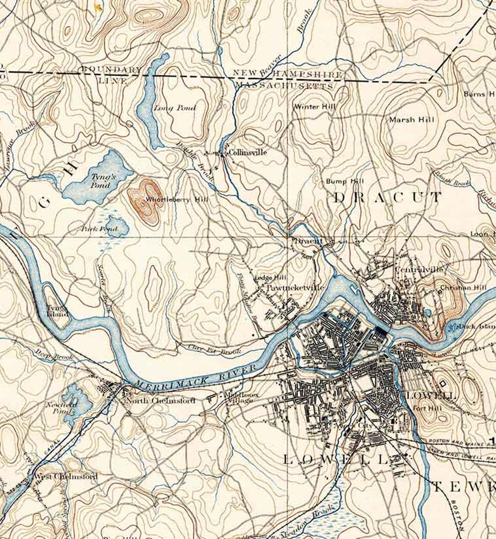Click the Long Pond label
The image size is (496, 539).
175,108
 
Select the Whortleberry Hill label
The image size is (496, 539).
176,200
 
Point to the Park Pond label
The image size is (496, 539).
99,229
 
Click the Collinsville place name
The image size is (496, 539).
248,153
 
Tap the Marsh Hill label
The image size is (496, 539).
411,120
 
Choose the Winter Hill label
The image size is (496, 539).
315,106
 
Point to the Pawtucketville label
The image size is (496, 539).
295,288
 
